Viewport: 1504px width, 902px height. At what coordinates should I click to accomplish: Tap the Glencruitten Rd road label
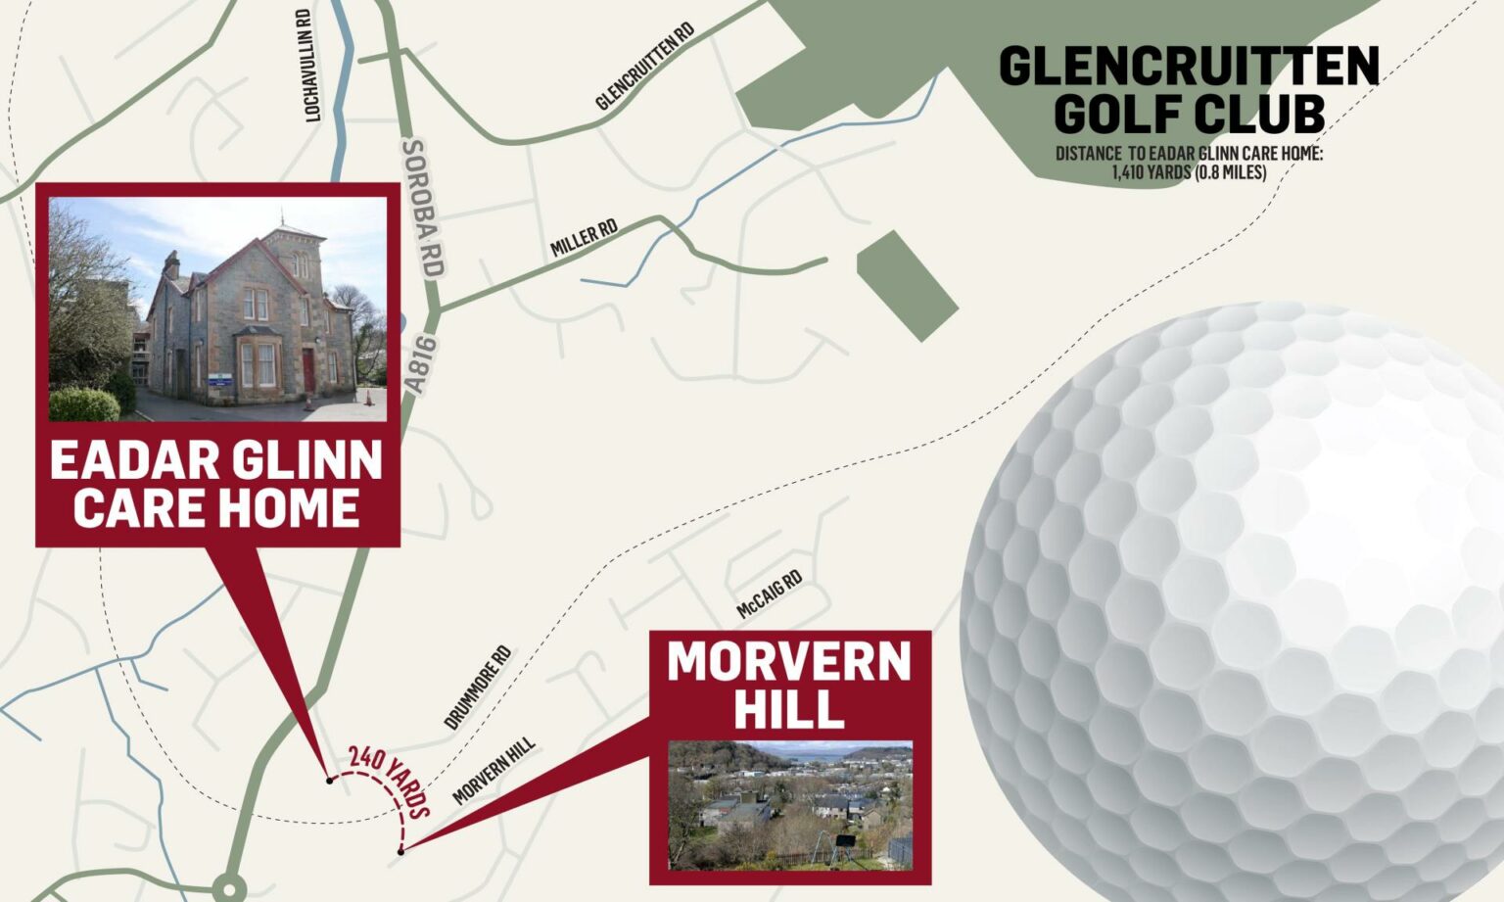pyautogui.click(x=645, y=67)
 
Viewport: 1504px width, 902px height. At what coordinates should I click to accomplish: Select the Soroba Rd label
pyautogui.click(x=423, y=207)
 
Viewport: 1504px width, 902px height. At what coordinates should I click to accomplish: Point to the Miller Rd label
pyautogui.click(x=584, y=239)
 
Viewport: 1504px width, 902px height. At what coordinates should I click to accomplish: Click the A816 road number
pyautogui.click(x=419, y=364)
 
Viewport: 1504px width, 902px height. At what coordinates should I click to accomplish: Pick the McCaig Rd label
pyautogui.click(x=770, y=594)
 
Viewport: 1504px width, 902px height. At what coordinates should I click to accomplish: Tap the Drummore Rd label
pyautogui.click(x=478, y=687)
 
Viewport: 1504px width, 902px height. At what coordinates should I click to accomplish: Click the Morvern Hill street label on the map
pyautogui.click(x=494, y=771)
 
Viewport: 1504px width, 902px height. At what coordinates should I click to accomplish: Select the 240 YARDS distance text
pyautogui.click(x=390, y=782)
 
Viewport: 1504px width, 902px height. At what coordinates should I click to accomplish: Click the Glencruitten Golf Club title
pyautogui.click(x=1189, y=90)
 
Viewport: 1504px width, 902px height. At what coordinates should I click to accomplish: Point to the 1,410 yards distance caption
pyautogui.click(x=1189, y=164)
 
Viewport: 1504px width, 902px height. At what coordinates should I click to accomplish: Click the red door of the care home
pyautogui.click(x=308, y=369)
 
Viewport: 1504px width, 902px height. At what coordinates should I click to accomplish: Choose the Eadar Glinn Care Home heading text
pyautogui.click(x=216, y=484)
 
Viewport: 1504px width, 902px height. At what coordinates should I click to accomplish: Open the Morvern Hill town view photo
pyautogui.click(x=790, y=805)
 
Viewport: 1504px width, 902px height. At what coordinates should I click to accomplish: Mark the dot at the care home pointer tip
pyautogui.click(x=330, y=780)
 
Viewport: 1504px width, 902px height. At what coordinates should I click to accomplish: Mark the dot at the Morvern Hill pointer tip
pyautogui.click(x=401, y=851)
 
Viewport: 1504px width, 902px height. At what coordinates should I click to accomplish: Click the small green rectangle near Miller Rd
pyautogui.click(x=907, y=285)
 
